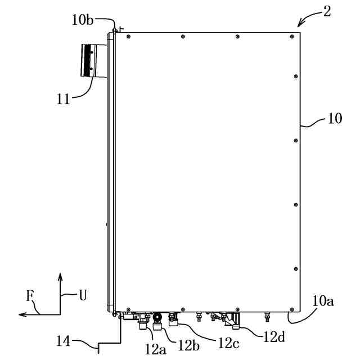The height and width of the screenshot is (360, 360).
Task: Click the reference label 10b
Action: tap(83, 21)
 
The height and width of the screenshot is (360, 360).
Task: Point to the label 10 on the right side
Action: tap(334, 120)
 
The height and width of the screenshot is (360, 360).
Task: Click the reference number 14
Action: tap(64, 341)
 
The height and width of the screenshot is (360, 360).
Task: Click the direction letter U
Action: tap(82, 294)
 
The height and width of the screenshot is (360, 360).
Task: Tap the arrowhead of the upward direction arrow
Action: tap(60, 276)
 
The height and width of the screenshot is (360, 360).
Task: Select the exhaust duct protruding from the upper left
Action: tap(90, 60)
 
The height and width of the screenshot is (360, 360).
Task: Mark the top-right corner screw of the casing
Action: tap(291, 37)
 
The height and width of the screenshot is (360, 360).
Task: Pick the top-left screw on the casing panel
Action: tap(129, 37)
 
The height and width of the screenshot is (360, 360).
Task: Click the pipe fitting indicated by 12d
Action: tap(234, 321)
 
